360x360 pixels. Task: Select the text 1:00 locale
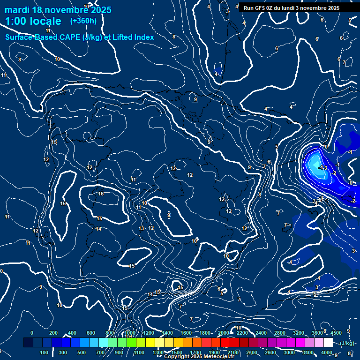[33, 21]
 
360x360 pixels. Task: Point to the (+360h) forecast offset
[83, 21]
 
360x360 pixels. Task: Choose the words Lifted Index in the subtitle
[133, 37]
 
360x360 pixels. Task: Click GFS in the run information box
[261, 8]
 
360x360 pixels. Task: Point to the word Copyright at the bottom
[178, 357]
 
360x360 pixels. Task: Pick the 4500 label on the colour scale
[336, 333]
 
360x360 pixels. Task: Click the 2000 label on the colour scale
[223, 333]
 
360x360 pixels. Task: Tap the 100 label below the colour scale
[45, 352]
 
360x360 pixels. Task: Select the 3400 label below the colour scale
[307, 352]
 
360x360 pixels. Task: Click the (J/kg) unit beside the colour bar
[347, 343]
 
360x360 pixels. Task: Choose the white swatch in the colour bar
[328, 343]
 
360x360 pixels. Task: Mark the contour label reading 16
[101, 194]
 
